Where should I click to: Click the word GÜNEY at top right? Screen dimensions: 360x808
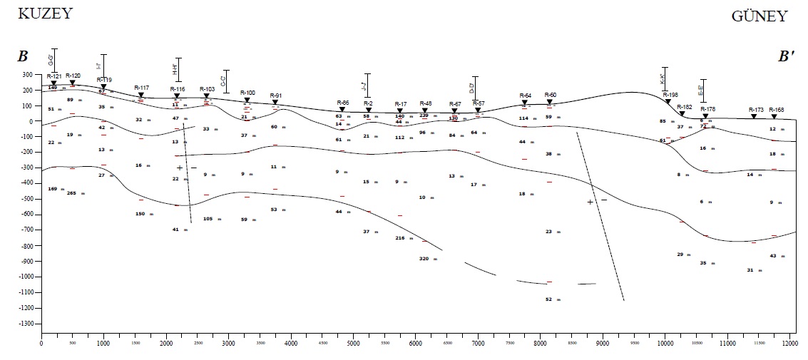[x=759, y=16]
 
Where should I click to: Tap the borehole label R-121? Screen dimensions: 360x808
[x=54, y=76]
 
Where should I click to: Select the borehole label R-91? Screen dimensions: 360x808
[x=276, y=96]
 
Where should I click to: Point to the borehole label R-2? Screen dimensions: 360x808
[x=368, y=103]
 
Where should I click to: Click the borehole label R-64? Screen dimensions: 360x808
[x=525, y=95]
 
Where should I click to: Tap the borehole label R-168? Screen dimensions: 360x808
[x=776, y=110]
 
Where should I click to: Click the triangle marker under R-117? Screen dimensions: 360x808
[x=140, y=95]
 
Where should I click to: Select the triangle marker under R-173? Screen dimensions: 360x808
[x=753, y=117]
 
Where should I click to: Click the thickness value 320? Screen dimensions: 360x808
[x=424, y=259]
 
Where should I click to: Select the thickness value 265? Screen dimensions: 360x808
[x=71, y=193]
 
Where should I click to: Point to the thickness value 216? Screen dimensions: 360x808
[x=399, y=238]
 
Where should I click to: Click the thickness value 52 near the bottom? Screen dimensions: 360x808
[x=548, y=299]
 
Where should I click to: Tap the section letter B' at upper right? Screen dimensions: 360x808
[x=787, y=56]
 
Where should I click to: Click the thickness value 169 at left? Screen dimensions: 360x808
[x=52, y=189]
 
